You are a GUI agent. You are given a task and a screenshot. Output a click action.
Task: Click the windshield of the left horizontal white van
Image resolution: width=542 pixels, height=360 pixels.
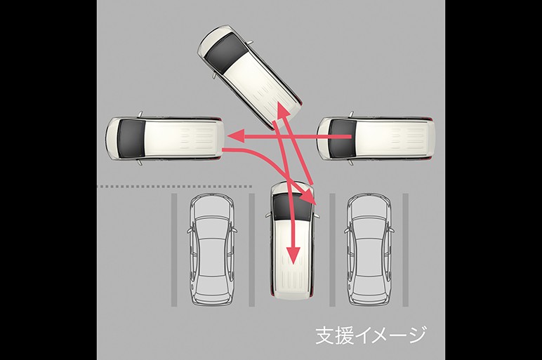click(x=132, y=138)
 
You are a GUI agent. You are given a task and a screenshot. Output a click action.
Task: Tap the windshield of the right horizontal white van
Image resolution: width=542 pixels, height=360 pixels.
click(x=342, y=138)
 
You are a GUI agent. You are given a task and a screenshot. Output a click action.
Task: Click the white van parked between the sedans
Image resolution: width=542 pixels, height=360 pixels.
click(x=293, y=240)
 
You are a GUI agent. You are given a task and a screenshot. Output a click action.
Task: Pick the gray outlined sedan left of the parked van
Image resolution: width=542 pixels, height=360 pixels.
click(x=212, y=249)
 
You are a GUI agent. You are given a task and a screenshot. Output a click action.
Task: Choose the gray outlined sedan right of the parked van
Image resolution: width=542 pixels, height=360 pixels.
click(x=369, y=249)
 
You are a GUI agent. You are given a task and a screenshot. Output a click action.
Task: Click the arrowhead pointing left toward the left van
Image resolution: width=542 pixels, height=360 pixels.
click(x=236, y=135)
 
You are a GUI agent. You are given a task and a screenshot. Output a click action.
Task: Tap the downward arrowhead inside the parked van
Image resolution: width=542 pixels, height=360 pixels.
click(x=293, y=255)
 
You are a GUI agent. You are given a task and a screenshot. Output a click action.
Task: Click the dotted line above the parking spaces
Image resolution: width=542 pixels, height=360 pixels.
click(x=175, y=187)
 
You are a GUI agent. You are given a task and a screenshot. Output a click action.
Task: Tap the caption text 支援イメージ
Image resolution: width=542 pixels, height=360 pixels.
click(x=371, y=335)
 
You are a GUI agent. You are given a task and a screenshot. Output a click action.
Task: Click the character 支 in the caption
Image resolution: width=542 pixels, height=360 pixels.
click(x=325, y=335)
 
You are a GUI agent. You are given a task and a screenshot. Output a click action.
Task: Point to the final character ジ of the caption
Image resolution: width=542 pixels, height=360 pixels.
click(x=416, y=335)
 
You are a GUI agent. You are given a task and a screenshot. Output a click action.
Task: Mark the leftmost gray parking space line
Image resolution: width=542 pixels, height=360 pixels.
click(x=174, y=250)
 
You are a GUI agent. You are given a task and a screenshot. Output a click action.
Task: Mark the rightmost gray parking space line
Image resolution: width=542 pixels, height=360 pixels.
click(x=406, y=250)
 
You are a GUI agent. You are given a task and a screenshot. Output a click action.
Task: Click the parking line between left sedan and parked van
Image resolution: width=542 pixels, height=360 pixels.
click(x=251, y=250)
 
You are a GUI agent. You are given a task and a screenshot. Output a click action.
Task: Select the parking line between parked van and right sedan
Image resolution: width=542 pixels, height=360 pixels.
click(x=333, y=250)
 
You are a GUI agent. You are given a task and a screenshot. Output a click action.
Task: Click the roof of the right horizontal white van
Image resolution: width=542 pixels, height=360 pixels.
click(x=394, y=138)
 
